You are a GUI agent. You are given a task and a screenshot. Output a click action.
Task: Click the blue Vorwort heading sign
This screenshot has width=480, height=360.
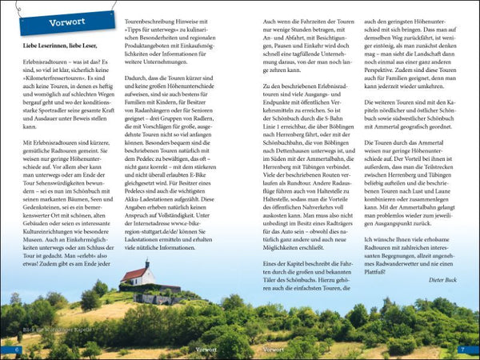[67, 22]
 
